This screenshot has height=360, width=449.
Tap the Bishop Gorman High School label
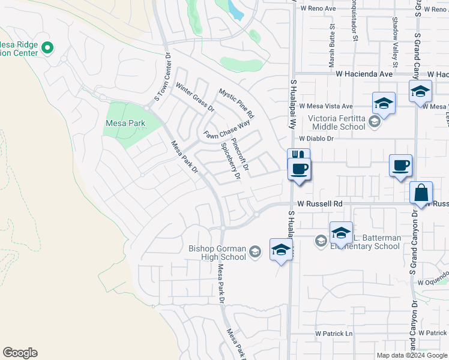217,253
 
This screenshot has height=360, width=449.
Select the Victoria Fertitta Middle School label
337,122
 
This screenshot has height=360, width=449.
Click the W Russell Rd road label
319,204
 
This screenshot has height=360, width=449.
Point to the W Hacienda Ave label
364,74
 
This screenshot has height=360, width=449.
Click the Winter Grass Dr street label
194,98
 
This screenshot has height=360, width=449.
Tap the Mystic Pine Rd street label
237,103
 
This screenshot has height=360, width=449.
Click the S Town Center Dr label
163,76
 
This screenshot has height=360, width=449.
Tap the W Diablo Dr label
316,138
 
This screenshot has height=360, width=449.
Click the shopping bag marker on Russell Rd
421,193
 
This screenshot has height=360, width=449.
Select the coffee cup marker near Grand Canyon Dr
400,166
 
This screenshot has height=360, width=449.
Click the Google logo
20,353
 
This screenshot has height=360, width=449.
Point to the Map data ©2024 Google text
411,355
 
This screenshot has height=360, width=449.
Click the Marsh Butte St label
331,46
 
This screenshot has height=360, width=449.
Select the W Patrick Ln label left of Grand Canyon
334,334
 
